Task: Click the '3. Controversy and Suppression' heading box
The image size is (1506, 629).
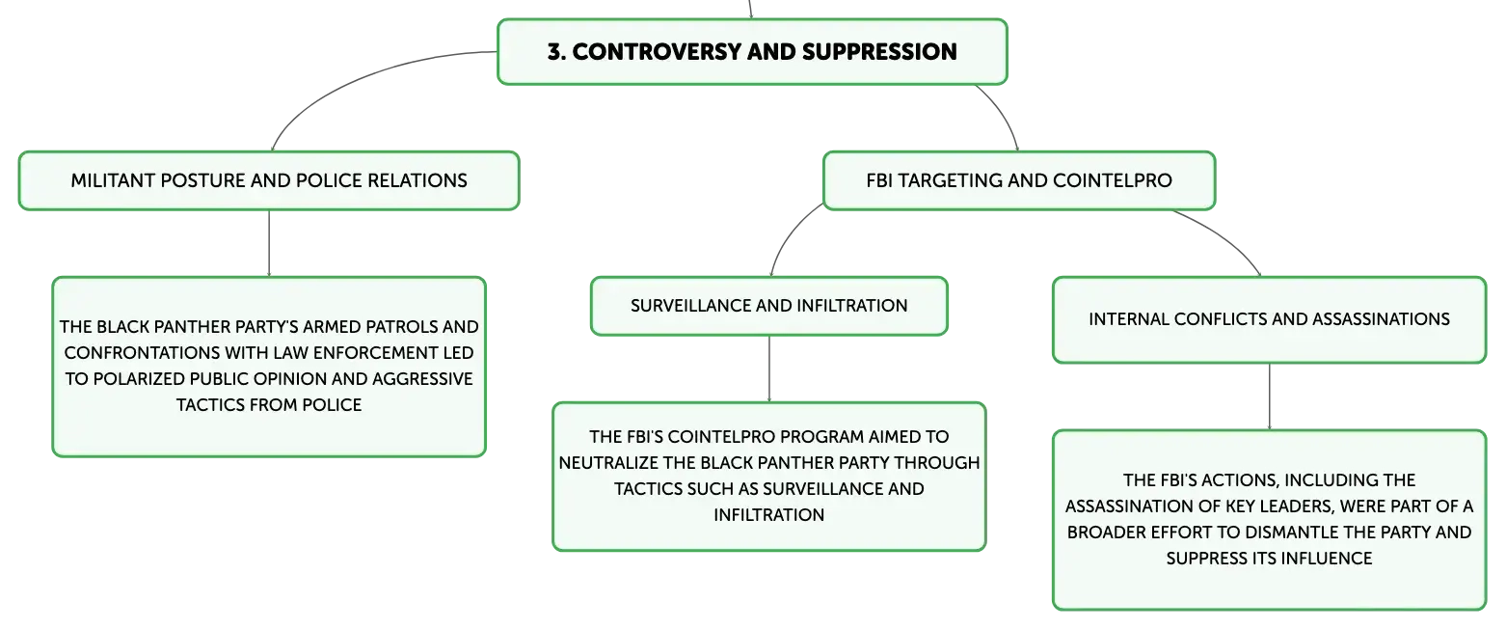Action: click(x=752, y=52)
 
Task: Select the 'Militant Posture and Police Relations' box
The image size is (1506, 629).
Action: click(x=269, y=180)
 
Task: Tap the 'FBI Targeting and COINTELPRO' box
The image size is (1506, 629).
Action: click(x=1018, y=180)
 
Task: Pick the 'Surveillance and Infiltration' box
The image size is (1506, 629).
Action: click(x=769, y=306)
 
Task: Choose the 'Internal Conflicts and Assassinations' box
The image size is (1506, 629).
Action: click(x=1270, y=319)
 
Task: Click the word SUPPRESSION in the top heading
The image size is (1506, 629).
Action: click(x=879, y=52)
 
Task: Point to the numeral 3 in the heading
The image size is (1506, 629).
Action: click(x=553, y=52)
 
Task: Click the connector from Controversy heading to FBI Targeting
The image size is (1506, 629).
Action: click(x=1004, y=112)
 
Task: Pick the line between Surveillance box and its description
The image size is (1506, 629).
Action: click(x=769, y=369)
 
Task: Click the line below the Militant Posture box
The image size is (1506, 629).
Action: click(x=269, y=243)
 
